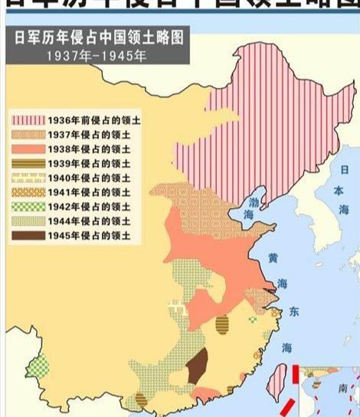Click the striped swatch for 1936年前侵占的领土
tap(28, 120)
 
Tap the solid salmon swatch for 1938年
tap(28, 148)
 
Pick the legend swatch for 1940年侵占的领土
tap(28, 177)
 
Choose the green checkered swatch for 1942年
tap(28, 206)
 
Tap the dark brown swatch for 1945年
tap(28, 235)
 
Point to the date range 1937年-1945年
tap(96, 56)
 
